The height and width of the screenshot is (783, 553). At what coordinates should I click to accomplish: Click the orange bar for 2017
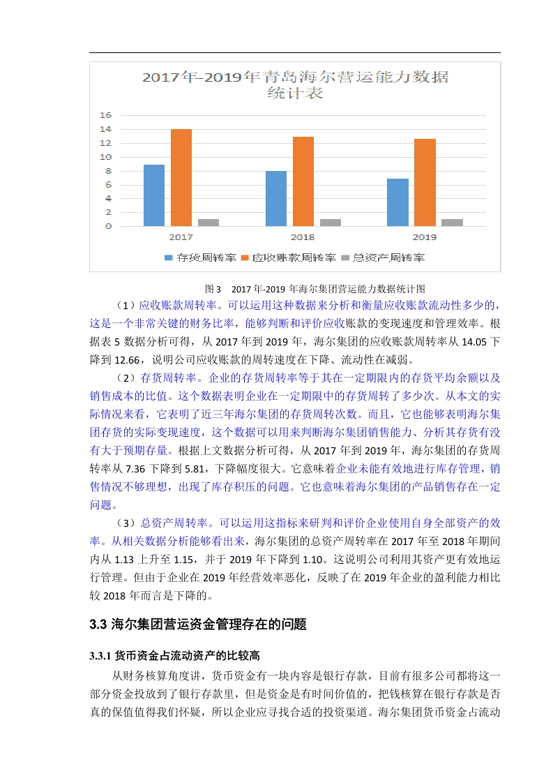181,177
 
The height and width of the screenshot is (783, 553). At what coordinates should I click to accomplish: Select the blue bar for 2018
275,198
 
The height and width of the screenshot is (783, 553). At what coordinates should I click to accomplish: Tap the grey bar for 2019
452,223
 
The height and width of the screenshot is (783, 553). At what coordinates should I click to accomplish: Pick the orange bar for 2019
425,182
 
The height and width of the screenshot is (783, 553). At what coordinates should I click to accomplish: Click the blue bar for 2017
154,195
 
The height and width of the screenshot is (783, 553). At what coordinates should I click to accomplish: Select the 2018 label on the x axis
302,237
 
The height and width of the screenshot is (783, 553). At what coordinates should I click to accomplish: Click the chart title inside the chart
296,84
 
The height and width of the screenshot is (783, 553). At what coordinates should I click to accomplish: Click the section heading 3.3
198,625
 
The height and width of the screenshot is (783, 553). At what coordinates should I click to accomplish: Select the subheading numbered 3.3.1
175,656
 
